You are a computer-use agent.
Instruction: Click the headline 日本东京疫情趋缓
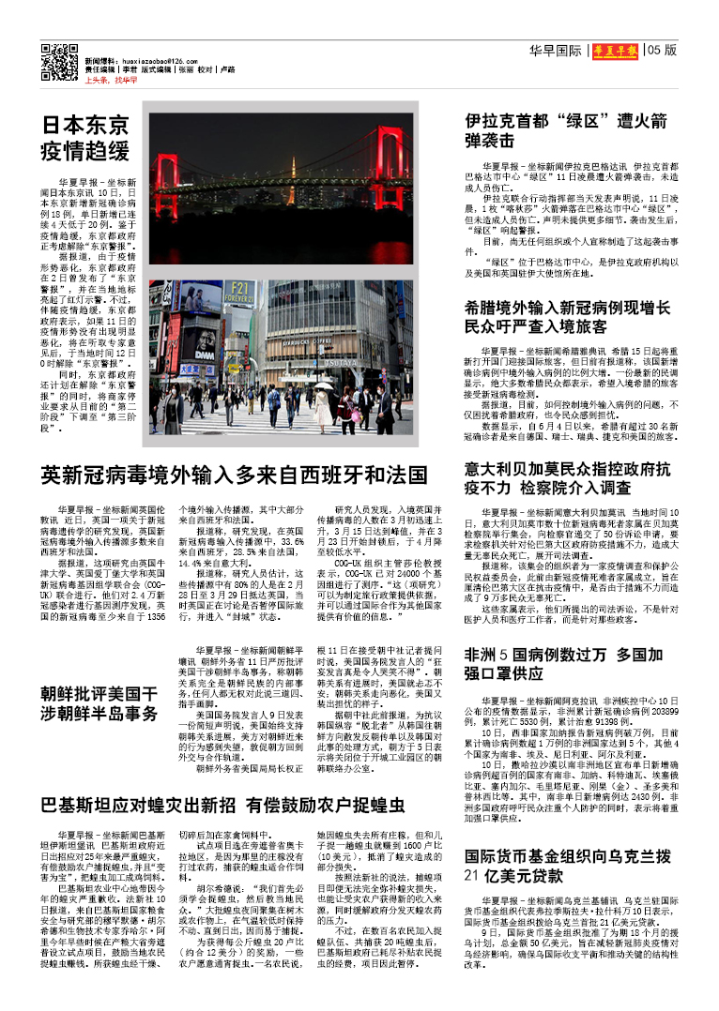point(85,138)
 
